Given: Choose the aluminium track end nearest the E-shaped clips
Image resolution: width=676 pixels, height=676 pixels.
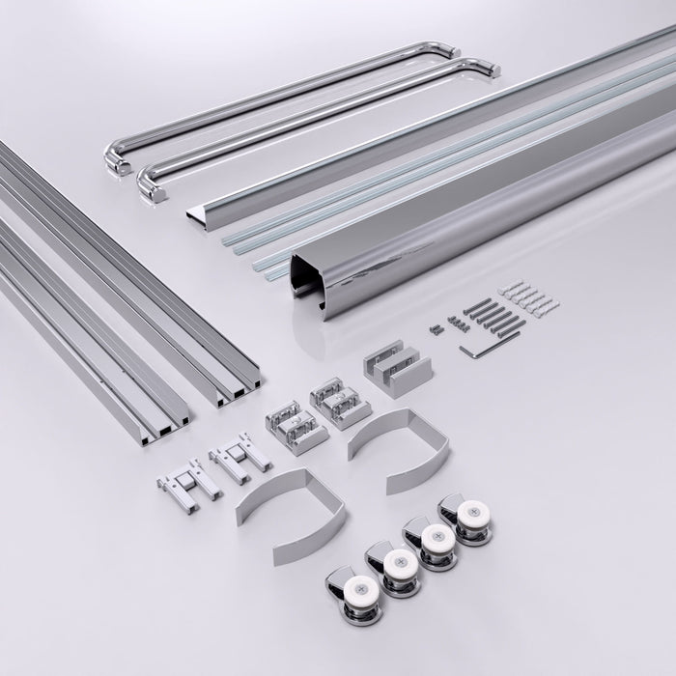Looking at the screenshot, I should point(236,390).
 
